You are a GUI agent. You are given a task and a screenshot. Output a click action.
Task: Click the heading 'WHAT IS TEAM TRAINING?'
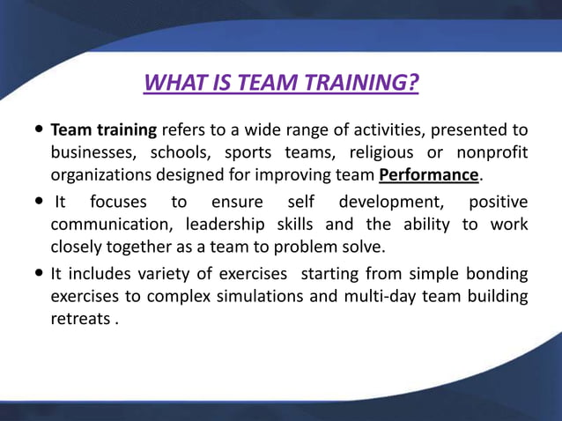tap(280, 84)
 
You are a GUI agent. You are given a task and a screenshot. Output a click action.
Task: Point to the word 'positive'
tap(498, 203)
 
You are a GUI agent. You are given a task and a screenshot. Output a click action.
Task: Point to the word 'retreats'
tap(79, 318)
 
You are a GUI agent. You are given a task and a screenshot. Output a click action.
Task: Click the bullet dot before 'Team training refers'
tap(39, 130)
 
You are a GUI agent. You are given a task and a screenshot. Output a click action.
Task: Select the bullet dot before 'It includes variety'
tap(39, 274)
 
